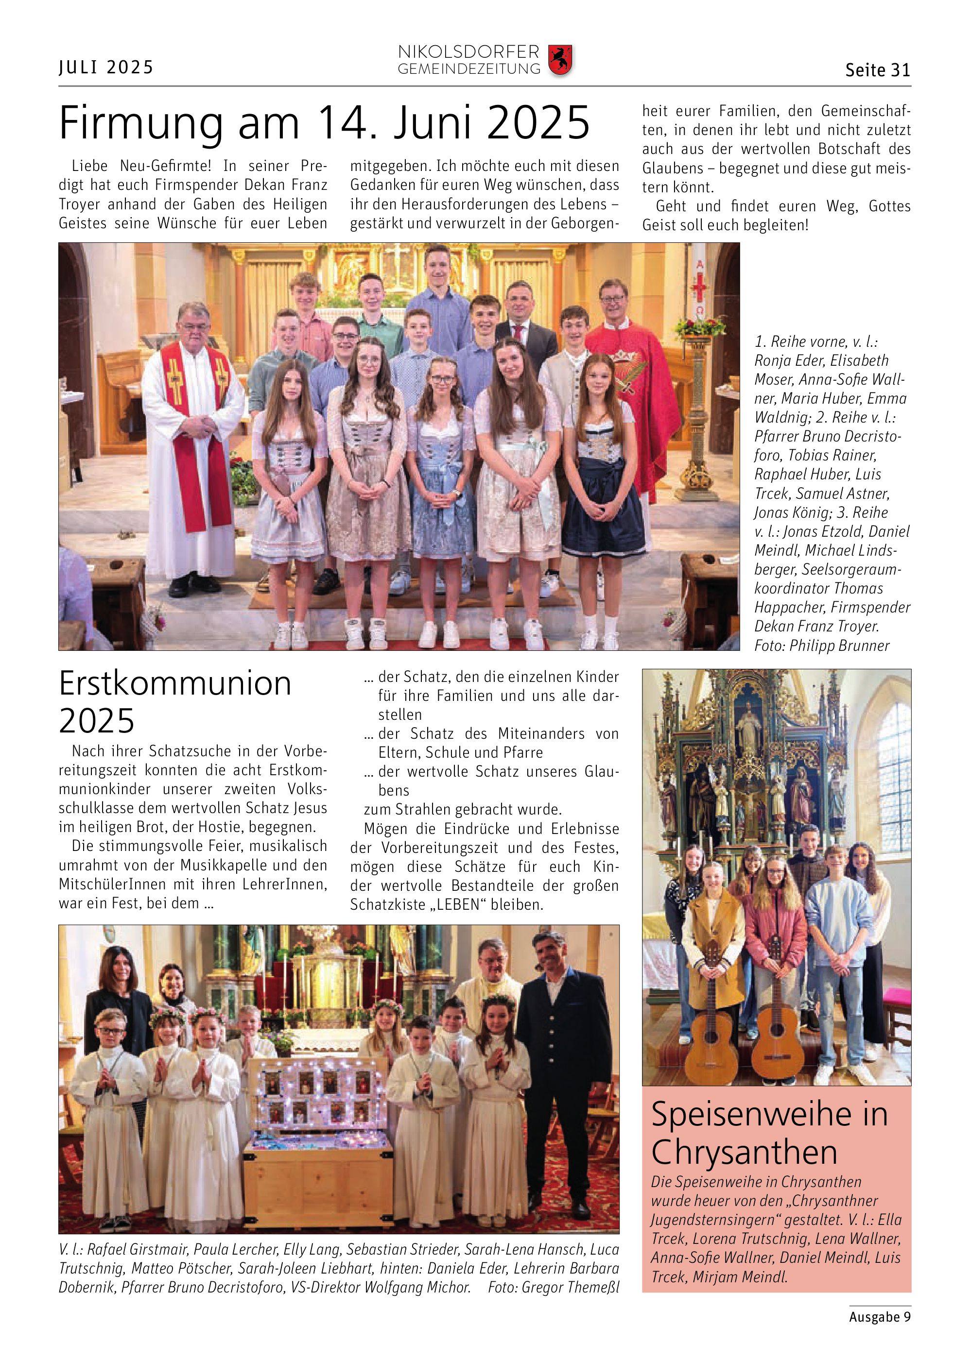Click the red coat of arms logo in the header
[x=560, y=60]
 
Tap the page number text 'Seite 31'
[x=877, y=70]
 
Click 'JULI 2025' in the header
[x=106, y=67]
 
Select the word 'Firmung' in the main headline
[x=141, y=123]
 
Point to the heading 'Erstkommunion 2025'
[x=174, y=701]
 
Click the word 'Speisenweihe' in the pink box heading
[x=751, y=1114]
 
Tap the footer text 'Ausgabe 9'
[x=880, y=1316]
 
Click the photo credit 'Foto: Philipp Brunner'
[x=821, y=646]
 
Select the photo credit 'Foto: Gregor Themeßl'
[x=553, y=1287]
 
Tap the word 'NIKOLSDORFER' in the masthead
[x=468, y=52]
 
